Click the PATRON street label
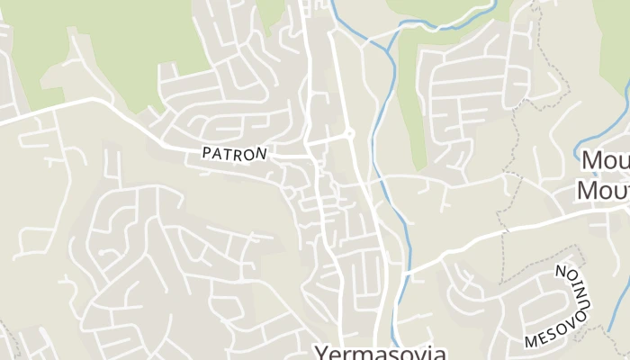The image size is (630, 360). [x=235, y=153]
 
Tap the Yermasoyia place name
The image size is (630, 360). [x=379, y=351]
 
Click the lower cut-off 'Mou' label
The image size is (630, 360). [x=602, y=191]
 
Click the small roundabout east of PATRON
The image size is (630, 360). [x=350, y=134]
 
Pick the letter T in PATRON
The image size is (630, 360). [x=229, y=154]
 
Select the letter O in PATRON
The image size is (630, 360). [x=250, y=153]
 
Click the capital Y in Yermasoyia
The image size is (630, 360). [x=320, y=352]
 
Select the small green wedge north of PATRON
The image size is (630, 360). [x=269, y=11]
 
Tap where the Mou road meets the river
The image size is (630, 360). [x=403, y=270]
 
